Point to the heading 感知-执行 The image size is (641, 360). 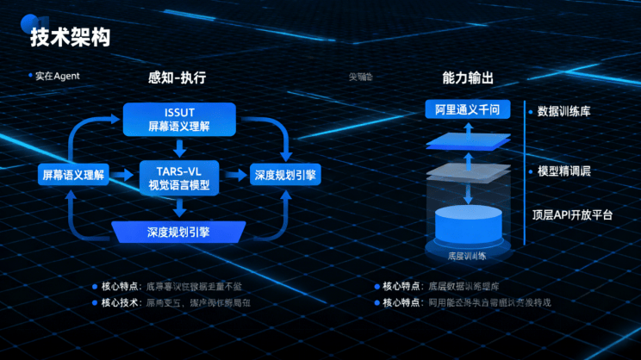(x=177, y=78)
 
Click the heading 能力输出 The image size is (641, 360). (x=468, y=78)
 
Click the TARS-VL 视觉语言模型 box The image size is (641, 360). (x=179, y=176)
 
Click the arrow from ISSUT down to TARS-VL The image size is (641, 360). (x=179, y=146)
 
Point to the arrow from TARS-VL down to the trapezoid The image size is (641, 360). (x=179, y=207)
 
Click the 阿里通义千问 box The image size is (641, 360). (x=468, y=110)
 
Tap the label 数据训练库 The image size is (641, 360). (x=563, y=111)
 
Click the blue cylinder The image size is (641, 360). (x=468, y=225)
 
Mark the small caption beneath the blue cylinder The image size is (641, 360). (x=467, y=256)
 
